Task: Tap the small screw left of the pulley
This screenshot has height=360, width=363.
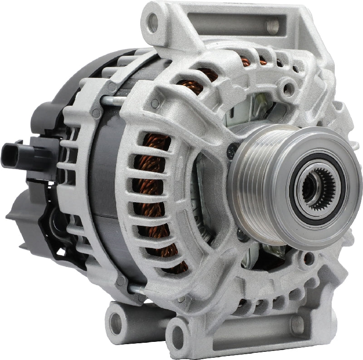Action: [233, 146]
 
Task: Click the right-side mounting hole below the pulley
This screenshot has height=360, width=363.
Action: [309, 258]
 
